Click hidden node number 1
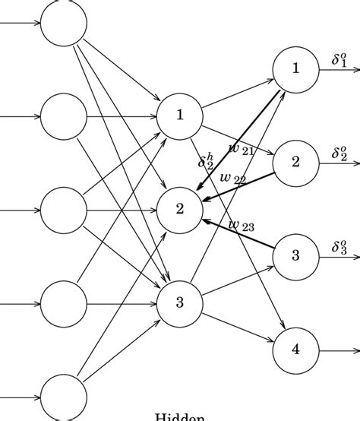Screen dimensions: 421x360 click(180, 116)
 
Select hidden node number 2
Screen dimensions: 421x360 click(180, 210)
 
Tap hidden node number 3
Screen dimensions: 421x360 click(180, 303)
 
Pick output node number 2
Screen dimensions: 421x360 click(296, 162)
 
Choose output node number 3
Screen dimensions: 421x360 click(296, 256)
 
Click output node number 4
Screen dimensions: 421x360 click(296, 350)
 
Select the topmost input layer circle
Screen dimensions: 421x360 click(64, 22)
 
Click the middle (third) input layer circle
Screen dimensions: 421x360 click(64, 210)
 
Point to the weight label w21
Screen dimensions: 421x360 click(242, 148)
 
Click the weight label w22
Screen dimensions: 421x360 click(232, 179)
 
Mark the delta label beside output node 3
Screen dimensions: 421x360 click(339, 247)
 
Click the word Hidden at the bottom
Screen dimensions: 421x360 click(180, 416)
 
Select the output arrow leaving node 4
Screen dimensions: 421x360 click(339, 350)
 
